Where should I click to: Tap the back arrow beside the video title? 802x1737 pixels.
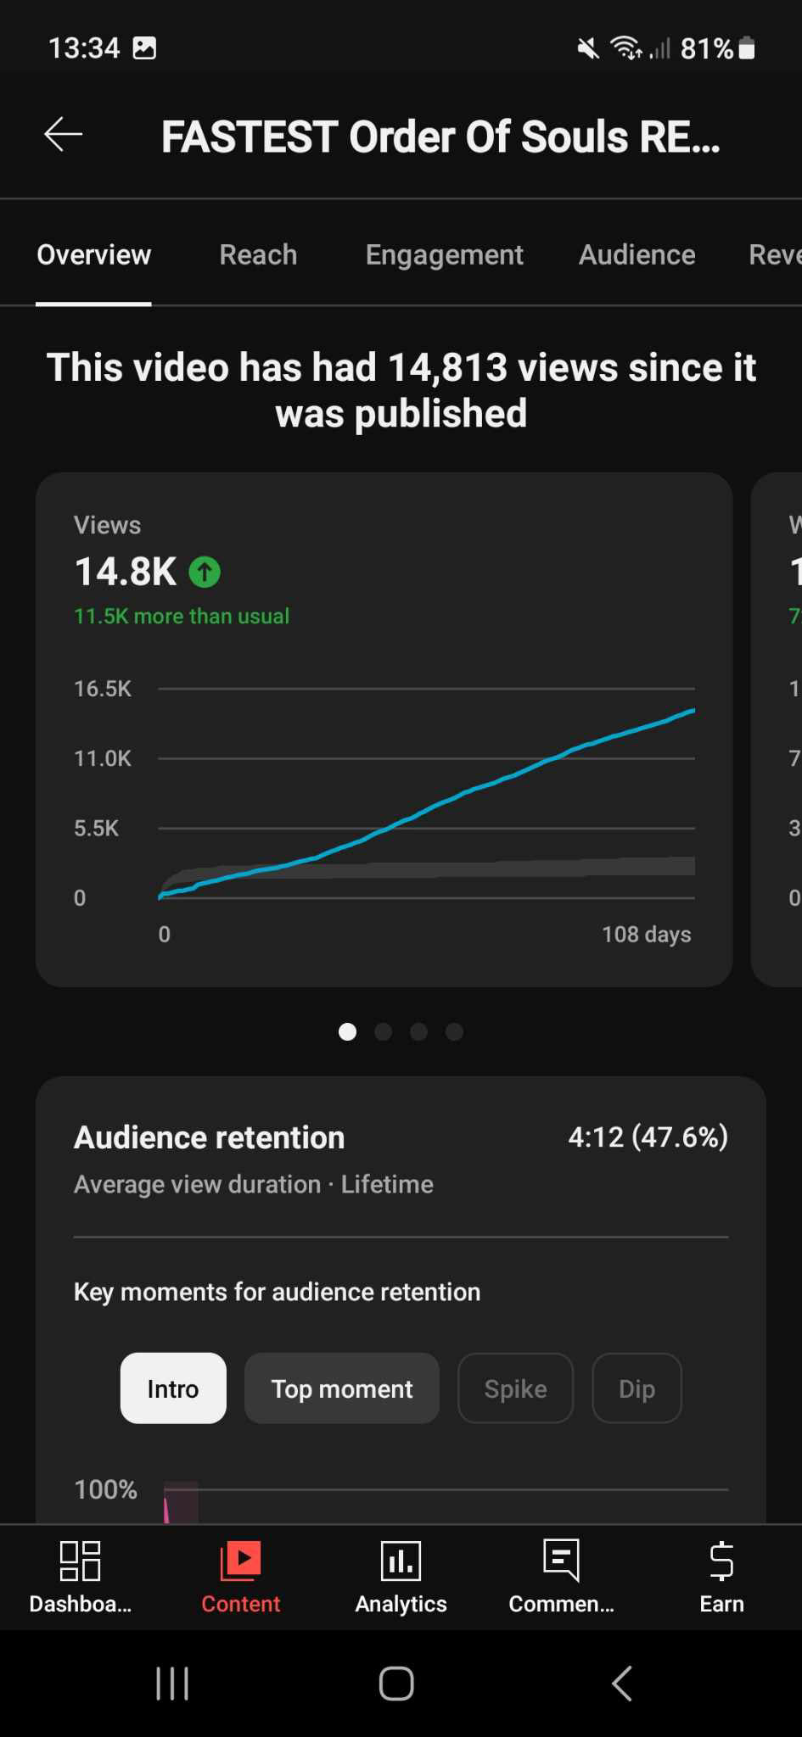tap(64, 134)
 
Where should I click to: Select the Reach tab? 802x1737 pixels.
tap(258, 254)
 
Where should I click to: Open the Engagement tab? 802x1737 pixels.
tap(444, 254)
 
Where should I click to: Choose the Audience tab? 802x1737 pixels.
tap(637, 254)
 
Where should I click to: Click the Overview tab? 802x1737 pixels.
tap(94, 254)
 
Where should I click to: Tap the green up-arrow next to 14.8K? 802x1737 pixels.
tap(205, 572)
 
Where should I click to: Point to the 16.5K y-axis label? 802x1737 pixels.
tap(103, 689)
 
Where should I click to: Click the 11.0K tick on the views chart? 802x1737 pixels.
tap(103, 758)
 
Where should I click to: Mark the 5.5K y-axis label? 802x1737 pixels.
tap(97, 828)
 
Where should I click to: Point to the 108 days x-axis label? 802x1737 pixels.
tap(646, 935)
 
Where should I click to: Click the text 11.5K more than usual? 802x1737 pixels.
tap(182, 616)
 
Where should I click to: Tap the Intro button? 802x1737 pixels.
tap(173, 1388)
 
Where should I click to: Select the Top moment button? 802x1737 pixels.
tap(341, 1388)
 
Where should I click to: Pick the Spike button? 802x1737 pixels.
tap(515, 1388)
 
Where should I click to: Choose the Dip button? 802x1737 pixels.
tap(637, 1388)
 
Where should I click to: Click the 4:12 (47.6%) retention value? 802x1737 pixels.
tap(648, 1137)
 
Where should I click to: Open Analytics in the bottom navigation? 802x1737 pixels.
tap(401, 1561)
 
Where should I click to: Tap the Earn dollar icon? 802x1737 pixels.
tap(721, 1561)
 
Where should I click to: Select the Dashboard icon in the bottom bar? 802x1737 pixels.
tap(81, 1561)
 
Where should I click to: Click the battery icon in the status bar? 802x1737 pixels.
tap(747, 48)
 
